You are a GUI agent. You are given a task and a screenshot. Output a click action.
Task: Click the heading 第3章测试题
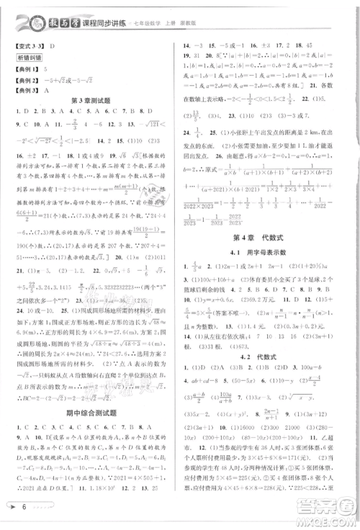pyautogui.click(x=93, y=99)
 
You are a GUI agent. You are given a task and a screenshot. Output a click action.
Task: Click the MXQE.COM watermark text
pyautogui.click(x=333, y=523)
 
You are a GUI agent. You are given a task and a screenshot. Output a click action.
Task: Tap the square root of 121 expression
pyautogui.click(x=156, y=122)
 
